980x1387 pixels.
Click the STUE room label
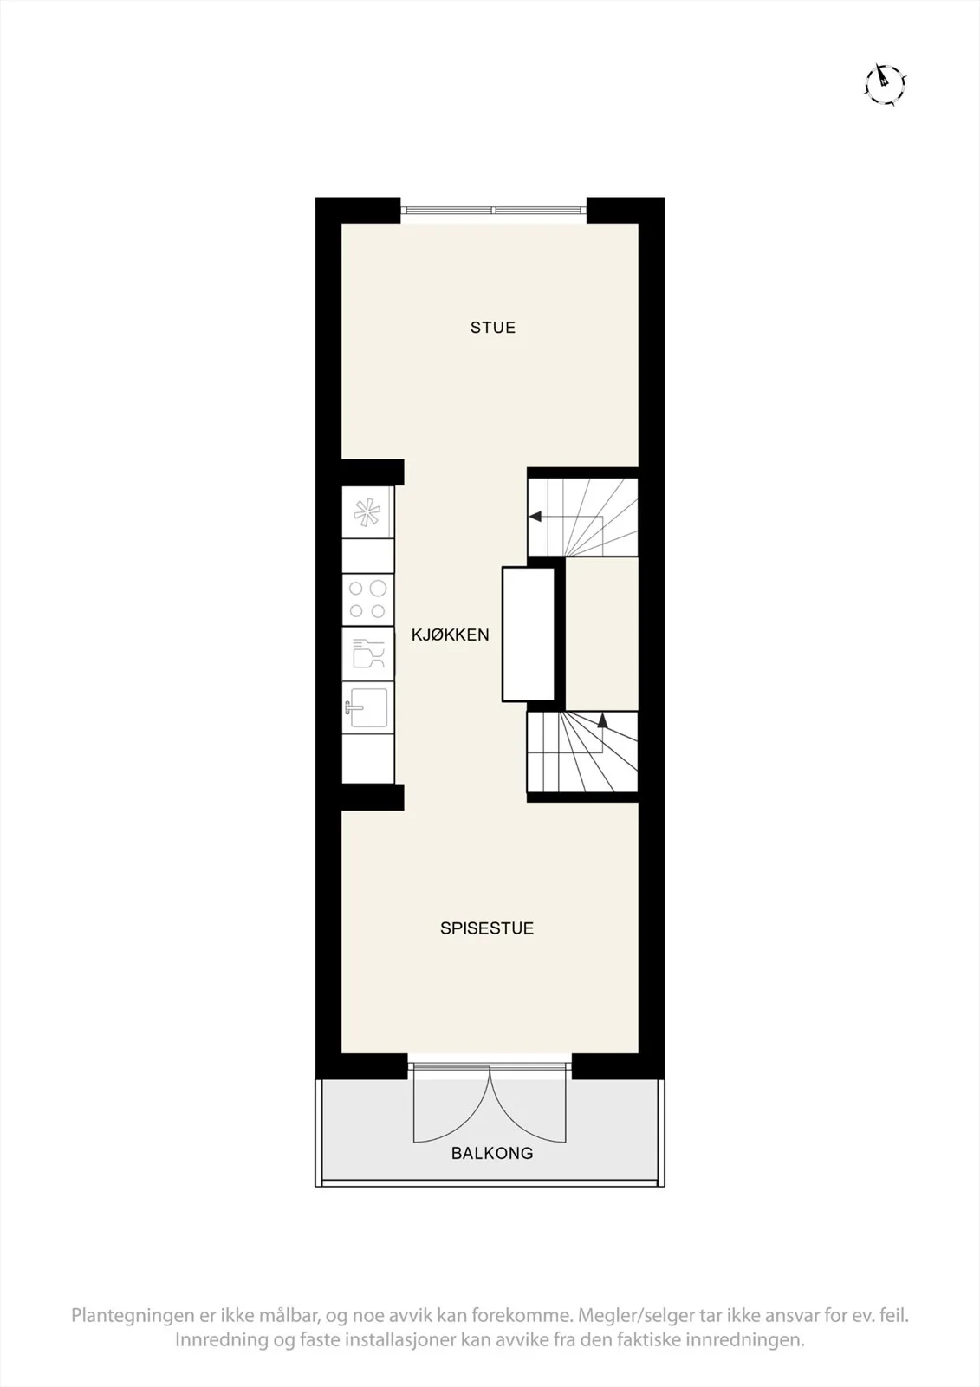click(x=493, y=328)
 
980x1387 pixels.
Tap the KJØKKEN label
click(x=451, y=635)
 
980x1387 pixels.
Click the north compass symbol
click(x=884, y=83)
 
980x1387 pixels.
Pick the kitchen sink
click(x=368, y=707)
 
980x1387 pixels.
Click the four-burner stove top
click(x=367, y=599)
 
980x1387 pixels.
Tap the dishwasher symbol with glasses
click(x=367, y=654)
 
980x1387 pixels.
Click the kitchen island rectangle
click(x=528, y=634)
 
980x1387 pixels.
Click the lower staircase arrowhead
click(x=602, y=720)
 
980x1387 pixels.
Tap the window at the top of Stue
click(x=493, y=210)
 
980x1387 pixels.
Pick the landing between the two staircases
click(x=601, y=634)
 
